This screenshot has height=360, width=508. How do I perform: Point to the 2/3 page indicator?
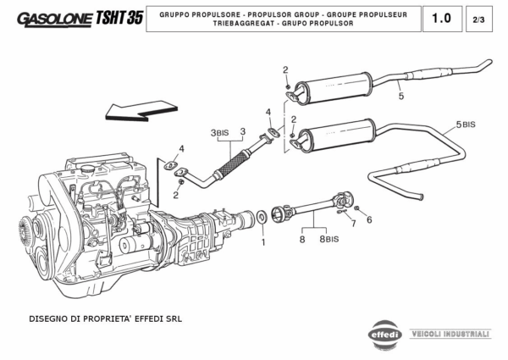[482, 19]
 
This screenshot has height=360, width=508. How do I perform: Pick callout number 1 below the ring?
[262, 241]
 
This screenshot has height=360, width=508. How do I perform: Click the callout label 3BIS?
[218, 133]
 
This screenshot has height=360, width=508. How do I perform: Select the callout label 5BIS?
[466, 125]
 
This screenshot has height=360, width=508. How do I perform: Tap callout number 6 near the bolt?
[369, 219]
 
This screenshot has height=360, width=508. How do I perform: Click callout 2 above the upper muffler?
[285, 69]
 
